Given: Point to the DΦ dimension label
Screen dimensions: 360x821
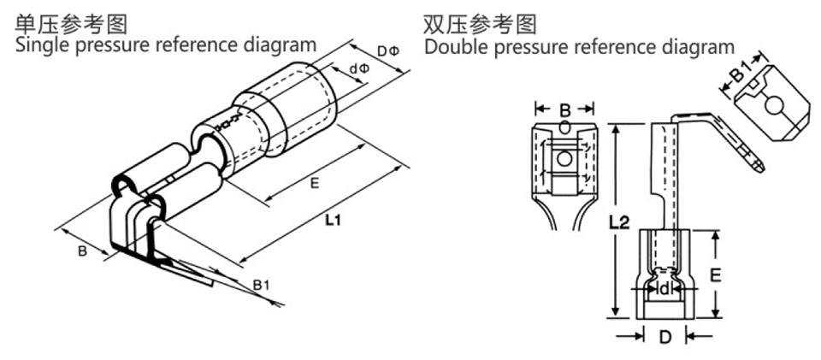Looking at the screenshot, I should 387,51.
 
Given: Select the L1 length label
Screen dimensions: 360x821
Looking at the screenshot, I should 334,221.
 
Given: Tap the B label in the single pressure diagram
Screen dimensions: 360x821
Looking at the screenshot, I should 82,251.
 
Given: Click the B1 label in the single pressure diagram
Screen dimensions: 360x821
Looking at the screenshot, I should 261,285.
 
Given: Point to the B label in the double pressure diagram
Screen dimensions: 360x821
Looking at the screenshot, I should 564,109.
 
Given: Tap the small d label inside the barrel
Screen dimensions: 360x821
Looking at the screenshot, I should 664,290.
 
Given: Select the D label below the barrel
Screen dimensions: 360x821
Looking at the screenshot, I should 664,337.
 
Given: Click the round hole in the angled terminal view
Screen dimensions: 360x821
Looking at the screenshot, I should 773,107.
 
